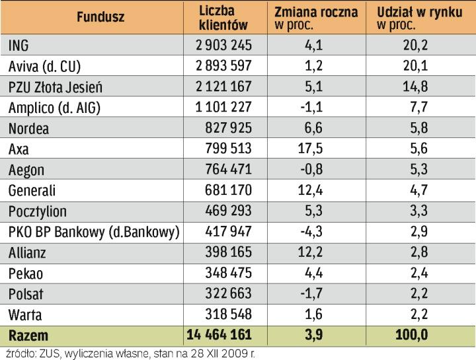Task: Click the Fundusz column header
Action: tap(100, 18)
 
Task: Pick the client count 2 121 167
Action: tap(223, 87)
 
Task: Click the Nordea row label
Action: tap(29, 128)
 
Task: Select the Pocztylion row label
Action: tap(38, 211)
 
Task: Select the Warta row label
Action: tap(25, 314)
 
